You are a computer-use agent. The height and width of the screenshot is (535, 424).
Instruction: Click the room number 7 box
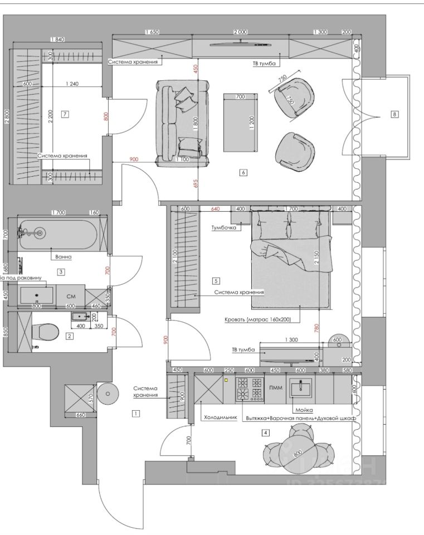click(x=65, y=114)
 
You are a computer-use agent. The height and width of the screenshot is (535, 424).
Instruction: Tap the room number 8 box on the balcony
click(x=394, y=114)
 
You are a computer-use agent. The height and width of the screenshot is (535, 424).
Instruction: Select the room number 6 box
click(x=243, y=173)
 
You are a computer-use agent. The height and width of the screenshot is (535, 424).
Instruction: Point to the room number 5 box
click(x=216, y=281)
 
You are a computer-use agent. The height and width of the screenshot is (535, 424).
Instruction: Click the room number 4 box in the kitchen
click(x=266, y=432)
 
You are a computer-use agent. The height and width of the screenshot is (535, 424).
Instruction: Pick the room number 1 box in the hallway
click(x=135, y=414)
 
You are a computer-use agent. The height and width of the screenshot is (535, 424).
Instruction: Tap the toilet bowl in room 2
click(x=48, y=332)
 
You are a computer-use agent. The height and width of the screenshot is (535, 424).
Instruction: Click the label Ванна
click(x=62, y=257)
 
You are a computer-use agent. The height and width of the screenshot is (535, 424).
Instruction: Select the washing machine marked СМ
click(x=71, y=296)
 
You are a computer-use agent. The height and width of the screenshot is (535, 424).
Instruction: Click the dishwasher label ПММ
click(x=275, y=388)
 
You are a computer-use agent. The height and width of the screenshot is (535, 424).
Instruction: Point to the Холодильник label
click(x=221, y=417)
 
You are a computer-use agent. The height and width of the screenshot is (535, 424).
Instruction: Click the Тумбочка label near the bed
click(x=224, y=227)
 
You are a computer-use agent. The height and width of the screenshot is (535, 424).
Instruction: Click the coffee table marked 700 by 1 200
click(x=241, y=123)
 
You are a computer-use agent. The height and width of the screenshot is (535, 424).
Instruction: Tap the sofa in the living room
click(x=182, y=123)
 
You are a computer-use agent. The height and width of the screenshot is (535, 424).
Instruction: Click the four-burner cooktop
click(x=250, y=389)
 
